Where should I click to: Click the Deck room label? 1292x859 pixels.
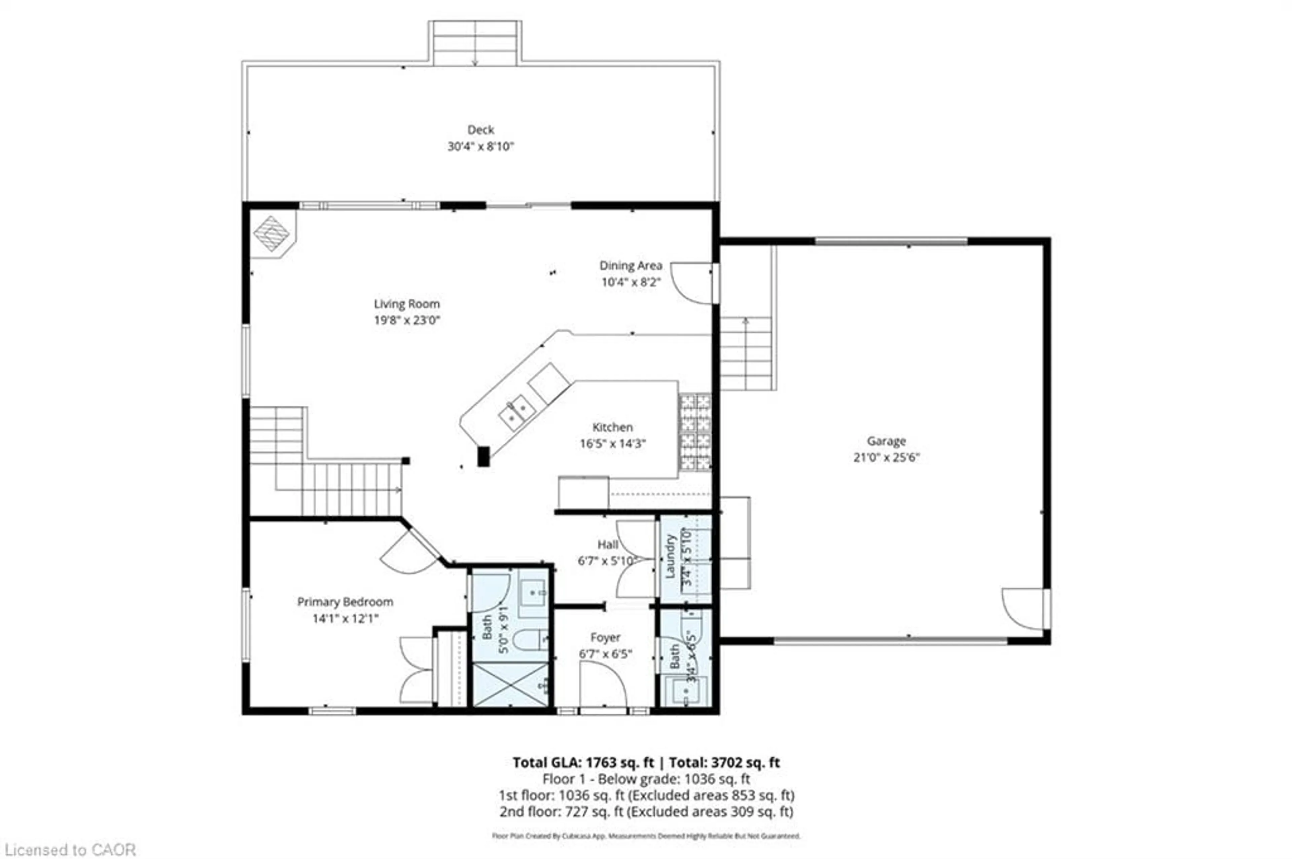[480, 130]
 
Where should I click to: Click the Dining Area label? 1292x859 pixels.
[630, 266]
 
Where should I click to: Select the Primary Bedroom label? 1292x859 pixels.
[345, 602]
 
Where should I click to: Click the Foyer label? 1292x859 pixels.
[605, 638]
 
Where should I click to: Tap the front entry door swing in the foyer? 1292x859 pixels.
[603, 685]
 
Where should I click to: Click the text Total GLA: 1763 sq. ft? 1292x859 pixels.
[583, 762]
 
